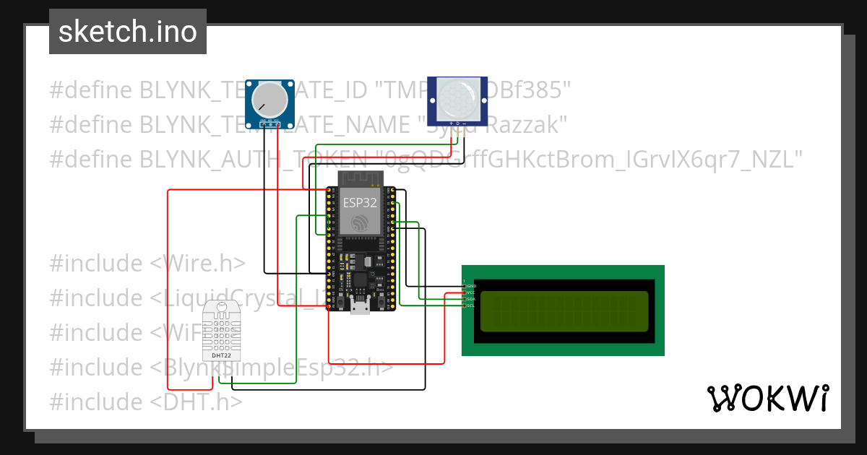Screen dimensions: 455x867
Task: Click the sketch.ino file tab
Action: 128,32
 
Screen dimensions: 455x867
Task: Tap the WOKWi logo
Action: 767,398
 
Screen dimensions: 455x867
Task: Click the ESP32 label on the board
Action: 360,203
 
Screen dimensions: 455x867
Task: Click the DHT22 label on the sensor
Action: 221,355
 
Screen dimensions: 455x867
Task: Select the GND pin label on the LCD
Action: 471,286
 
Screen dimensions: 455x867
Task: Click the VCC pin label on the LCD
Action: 471,292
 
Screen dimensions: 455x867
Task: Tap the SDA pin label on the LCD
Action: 471,299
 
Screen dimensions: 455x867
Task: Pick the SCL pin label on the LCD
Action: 471,305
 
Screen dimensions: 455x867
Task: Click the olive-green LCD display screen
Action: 562,311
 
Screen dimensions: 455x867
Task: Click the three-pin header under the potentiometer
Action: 270,125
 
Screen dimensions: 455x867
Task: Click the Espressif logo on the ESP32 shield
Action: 360,225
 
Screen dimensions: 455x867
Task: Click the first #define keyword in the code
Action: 91,91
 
